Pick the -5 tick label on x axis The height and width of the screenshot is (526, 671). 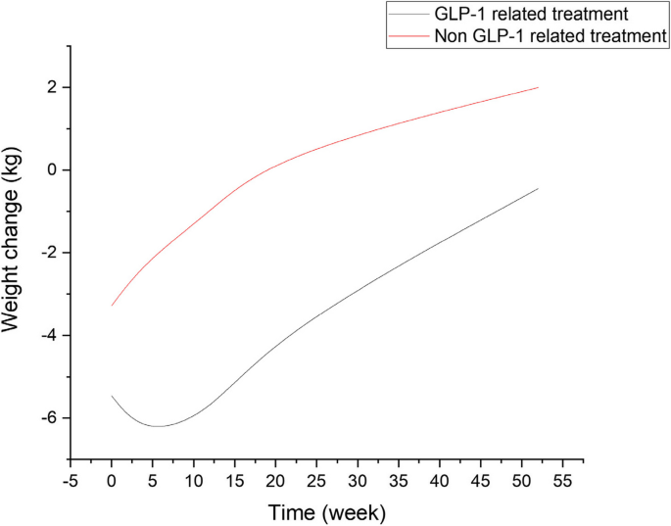pos(71,479)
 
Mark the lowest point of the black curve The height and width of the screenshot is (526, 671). pos(159,426)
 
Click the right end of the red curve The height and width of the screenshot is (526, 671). pos(539,87)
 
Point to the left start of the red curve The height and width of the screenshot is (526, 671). pos(112,306)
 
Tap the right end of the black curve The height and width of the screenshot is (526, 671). pos(539,188)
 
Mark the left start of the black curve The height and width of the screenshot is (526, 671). pos(112,396)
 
